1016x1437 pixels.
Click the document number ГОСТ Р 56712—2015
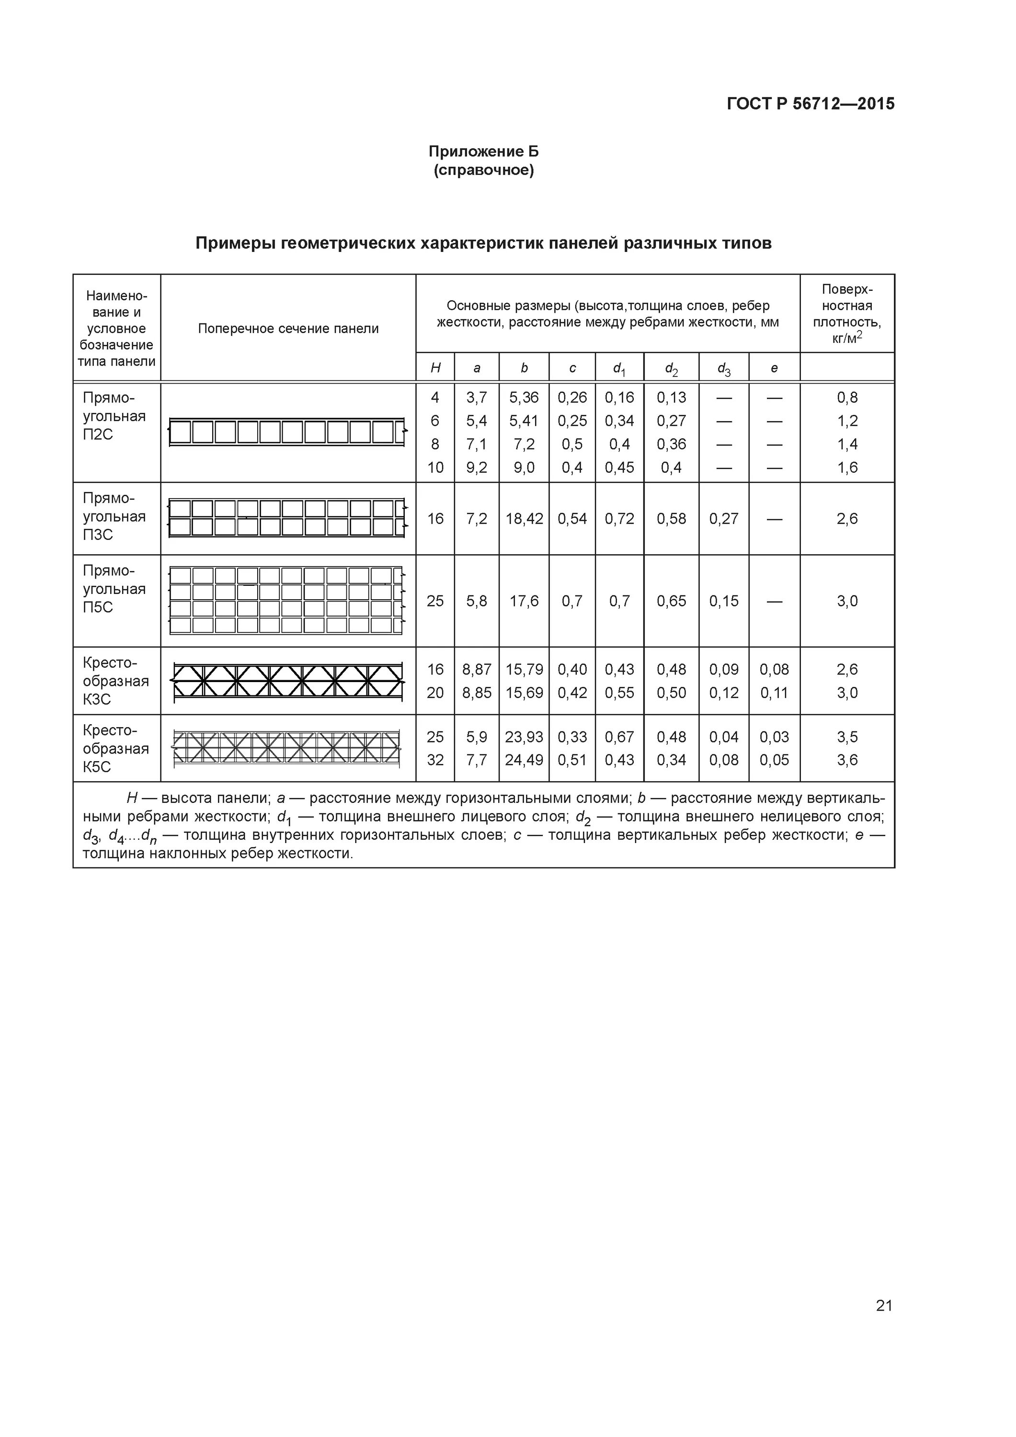pyautogui.click(x=810, y=104)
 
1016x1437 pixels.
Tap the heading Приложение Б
pyautogui.click(x=483, y=151)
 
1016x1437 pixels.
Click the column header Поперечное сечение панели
pyautogui.click(x=288, y=329)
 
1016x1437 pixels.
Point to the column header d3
pyautogui.click(x=724, y=369)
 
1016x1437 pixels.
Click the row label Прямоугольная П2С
pyautogui.click(x=114, y=416)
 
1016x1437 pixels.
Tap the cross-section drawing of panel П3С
pyautogui.click(x=288, y=518)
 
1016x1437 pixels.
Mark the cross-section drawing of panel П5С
pyautogui.click(x=288, y=601)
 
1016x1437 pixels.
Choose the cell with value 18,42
pyautogui.click(x=524, y=519)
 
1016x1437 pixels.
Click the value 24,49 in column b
pyautogui.click(x=524, y=760)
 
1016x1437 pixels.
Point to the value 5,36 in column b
pyautogui.click(x=524, y=398)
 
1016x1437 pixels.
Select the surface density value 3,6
pyautogui.click(x=847, y=760)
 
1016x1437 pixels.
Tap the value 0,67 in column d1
pyautogui.click(x=619, y=737)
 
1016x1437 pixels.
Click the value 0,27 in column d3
pyautogui.click(x=724, y=519)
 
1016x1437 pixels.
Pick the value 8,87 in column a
pyautogui.click(x=477, y=670)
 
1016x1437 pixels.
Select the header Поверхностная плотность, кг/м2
pyautogui.click(x=847, y=314)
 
